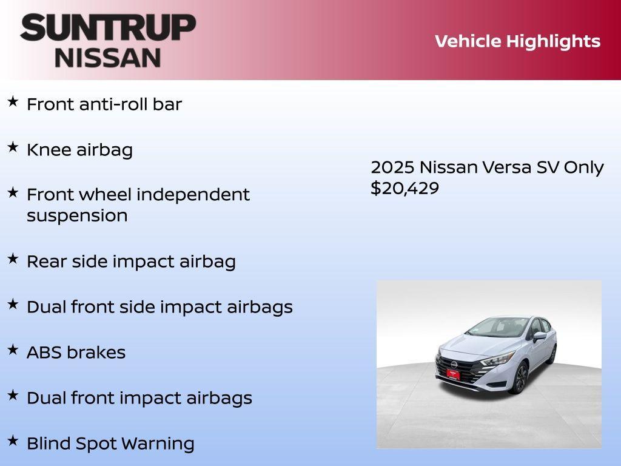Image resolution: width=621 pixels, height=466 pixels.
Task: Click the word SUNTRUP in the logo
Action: coord(108,28)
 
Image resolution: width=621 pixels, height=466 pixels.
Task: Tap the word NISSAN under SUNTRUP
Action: coord(108,57)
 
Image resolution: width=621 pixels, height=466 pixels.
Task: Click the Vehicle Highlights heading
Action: coord(517,41)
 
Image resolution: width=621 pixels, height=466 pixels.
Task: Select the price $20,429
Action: coord(404,188)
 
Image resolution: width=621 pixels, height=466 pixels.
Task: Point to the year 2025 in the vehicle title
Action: coord(392,167)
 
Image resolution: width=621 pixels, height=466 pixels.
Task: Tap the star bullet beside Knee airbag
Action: coord(13,147)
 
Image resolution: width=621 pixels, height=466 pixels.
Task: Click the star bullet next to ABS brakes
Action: coord(13,349)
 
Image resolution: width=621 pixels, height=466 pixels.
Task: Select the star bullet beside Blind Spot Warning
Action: coord(13,441)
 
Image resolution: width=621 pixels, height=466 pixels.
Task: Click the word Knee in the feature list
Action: coord(49,150)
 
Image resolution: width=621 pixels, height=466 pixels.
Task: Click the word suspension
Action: coord(77,216)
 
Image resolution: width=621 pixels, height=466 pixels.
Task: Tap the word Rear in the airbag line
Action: coord(47,262)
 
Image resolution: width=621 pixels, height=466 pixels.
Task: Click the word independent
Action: coord(193,195)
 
